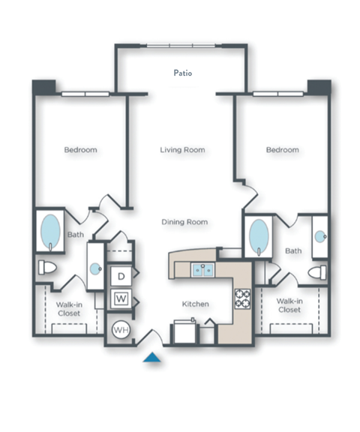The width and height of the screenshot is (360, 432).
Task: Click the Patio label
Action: pos(183,73)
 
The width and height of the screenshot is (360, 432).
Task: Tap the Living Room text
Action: pos(183,149)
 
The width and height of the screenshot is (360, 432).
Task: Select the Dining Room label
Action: pos(184,222)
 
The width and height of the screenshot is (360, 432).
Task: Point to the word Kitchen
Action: pos(196,304)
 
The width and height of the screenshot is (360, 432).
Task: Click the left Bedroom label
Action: pos(80,149)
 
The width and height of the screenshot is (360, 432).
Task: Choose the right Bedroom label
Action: pos(282,149)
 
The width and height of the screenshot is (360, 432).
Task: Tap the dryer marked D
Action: pos(121,276)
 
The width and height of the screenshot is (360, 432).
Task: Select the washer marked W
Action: pos(121,299)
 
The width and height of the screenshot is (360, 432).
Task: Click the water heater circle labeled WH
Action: pos(121,328)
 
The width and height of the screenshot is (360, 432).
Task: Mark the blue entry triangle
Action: pos(153,358)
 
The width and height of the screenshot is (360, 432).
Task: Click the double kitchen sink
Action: pos(203,268)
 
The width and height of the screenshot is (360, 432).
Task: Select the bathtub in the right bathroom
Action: pos(256,237)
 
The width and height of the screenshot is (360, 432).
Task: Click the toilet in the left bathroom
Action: pos(46,268)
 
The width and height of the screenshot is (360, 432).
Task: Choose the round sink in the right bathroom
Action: pos(320,235)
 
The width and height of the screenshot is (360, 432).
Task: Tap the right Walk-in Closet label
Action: pos(289,304)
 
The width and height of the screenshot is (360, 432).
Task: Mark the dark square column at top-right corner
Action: pos(319,86)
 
